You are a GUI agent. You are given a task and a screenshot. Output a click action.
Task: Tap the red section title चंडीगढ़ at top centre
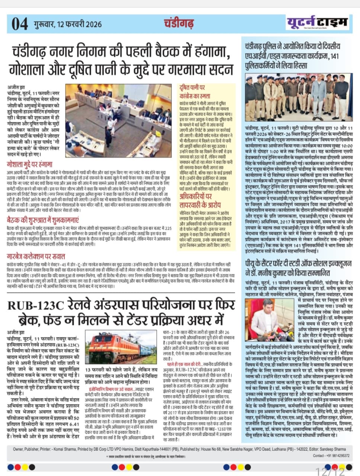179,23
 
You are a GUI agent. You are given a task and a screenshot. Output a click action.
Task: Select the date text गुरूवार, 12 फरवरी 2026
68,25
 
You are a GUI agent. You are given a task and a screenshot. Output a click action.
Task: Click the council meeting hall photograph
119,120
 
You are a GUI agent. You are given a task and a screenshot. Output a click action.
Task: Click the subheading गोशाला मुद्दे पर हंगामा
30,164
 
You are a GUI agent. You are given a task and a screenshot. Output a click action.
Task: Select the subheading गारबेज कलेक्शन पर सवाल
36,256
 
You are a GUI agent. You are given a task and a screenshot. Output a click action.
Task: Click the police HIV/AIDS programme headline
292,56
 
